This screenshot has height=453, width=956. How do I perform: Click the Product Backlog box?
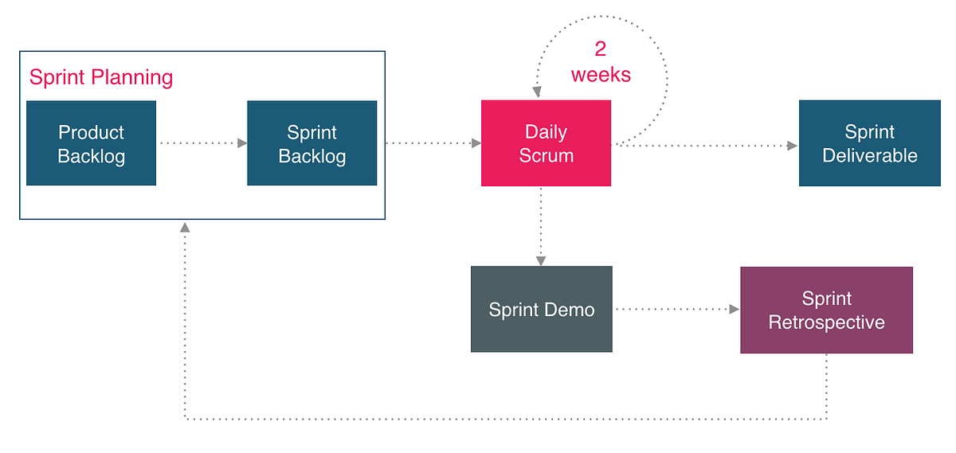click(x=91, y=143)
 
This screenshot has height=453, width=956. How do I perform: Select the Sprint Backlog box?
click(x=311, y=143)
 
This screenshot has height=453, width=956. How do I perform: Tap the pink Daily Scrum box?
click(x=546, y=143)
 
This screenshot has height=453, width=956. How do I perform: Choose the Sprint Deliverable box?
click(x=869, y=143)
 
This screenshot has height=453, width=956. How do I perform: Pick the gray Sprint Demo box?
click(x=541, y=309)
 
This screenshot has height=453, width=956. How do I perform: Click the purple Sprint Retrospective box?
click(x=826, y=310)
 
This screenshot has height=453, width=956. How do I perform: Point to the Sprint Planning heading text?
click(x=101, y=77)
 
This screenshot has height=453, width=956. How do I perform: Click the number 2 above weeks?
click(x=601, y=49)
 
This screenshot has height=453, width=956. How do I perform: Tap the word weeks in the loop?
click(x=601, y=75)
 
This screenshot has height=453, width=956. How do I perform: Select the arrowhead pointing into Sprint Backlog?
click(x=242, y=143)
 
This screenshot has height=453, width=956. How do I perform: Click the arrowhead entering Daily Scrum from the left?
click(x=476, y=143)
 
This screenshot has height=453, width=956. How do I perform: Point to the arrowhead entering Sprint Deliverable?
click(x=792, y=146)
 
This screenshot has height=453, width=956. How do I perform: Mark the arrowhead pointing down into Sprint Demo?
click(x=541, y=260)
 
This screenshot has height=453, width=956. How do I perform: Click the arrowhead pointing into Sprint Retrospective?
click(x=735, y=309)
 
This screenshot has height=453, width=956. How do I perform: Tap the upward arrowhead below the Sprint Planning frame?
click(x=185, y=228)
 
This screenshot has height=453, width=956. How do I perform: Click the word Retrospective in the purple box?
click(x=826, y=322)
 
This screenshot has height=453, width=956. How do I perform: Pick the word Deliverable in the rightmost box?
click(x=869, y=155)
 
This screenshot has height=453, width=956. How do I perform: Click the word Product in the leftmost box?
click(x=91, y=132)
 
